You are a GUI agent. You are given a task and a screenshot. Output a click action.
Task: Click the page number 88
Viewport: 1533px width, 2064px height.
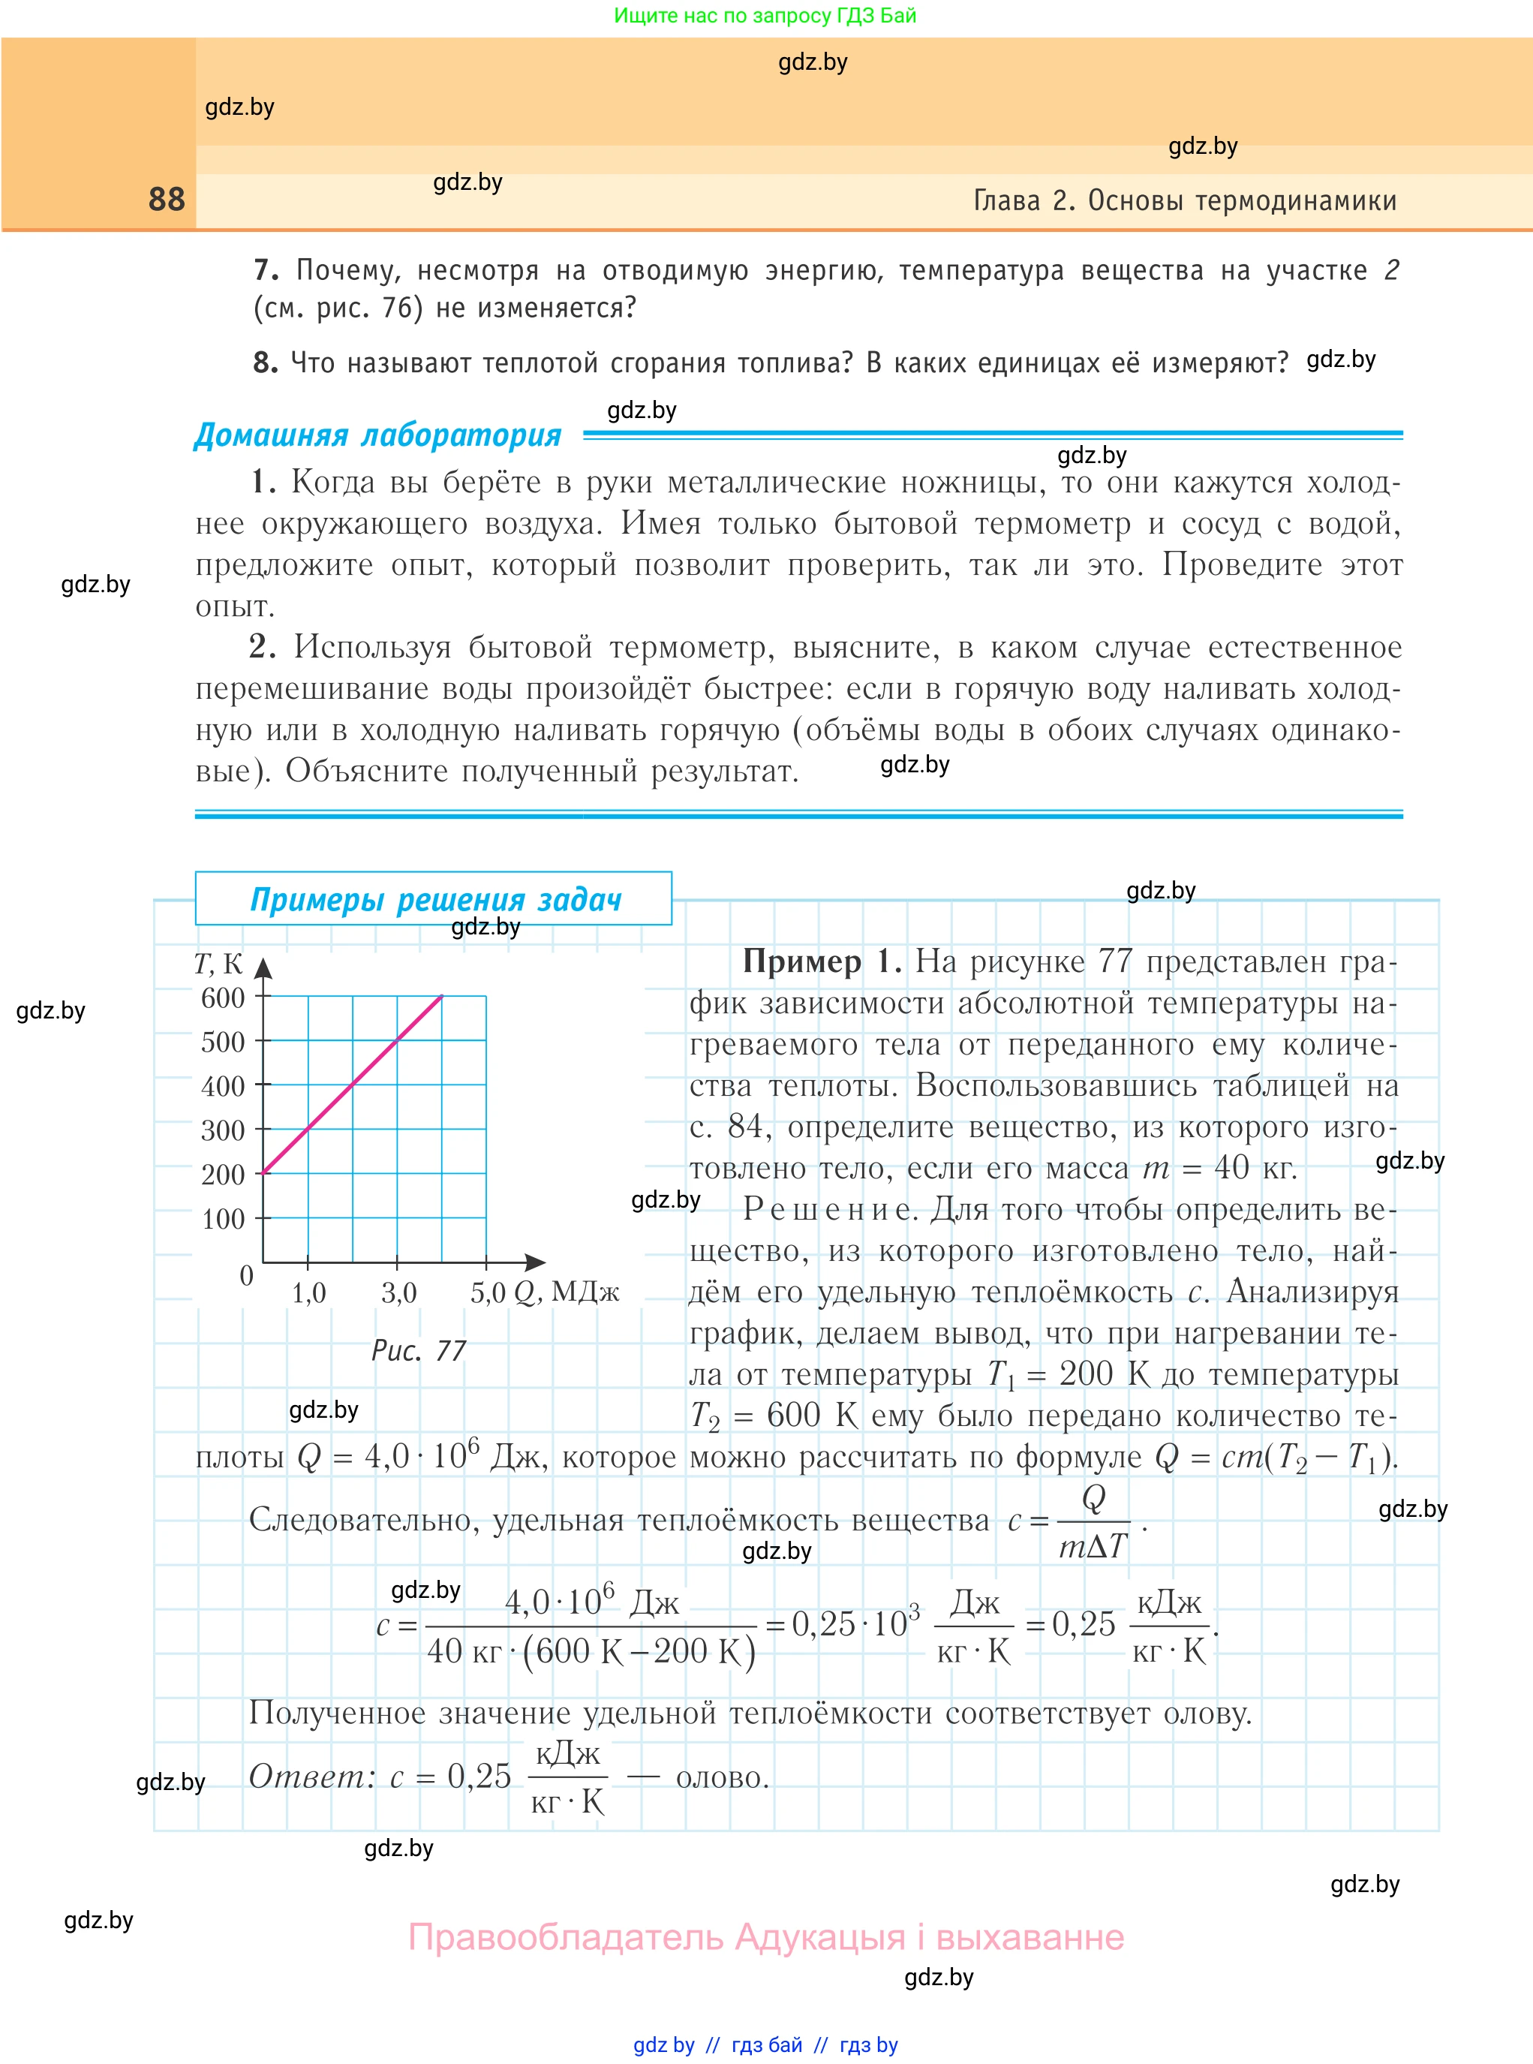(x=167, y=200)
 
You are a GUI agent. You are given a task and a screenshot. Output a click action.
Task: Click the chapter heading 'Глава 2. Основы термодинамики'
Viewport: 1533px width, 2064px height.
(x=1184, y=200)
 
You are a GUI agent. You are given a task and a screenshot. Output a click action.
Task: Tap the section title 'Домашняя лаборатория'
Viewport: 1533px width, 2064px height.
(x=377, y=435)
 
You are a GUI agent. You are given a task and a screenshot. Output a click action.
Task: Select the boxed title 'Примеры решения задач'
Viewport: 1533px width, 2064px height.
(x=435, y=899)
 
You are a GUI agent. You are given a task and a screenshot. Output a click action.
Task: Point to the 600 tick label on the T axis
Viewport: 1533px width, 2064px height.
(x=223, y=997)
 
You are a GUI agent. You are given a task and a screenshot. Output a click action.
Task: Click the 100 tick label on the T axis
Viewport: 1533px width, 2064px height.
(x=223, y=1219)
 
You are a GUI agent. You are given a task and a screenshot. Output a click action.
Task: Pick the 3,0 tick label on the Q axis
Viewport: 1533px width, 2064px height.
(x=399, y=1292)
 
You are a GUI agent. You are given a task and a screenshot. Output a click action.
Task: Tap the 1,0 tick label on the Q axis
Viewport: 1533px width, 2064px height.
(x=309, y=1292)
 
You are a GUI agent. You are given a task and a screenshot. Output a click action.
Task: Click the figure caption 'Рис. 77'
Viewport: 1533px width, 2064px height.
(x=419, y=1350)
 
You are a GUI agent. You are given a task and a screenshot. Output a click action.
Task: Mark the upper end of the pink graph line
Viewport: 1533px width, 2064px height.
(x=442, y=997)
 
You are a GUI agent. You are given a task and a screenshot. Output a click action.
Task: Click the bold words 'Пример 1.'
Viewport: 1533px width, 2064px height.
(x=821, y=961)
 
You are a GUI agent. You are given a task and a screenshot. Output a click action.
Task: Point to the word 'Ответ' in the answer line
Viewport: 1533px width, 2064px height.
(x=309, y=1775)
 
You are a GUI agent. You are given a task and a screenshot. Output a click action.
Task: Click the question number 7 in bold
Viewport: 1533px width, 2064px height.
(x=266, y=270)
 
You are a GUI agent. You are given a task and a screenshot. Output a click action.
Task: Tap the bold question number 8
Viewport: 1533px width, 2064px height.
(x=266, y=363)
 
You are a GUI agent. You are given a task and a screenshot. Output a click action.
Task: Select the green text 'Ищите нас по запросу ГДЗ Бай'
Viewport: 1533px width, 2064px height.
(x=765, y=16)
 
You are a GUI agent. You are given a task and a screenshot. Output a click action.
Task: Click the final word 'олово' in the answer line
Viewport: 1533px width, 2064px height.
(x=721, y=1777)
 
